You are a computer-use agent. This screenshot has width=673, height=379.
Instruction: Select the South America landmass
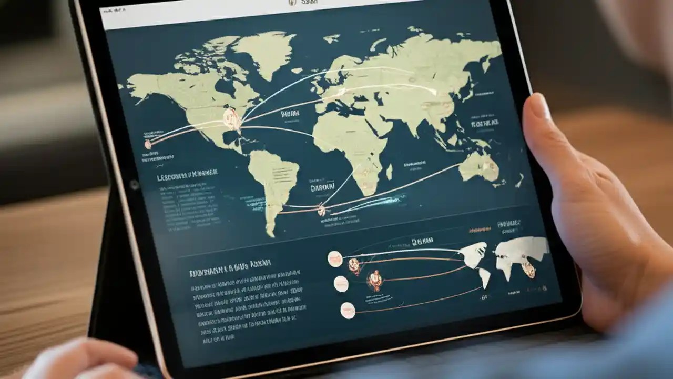point(273,179)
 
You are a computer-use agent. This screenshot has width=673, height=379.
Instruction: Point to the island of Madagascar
point(390,172)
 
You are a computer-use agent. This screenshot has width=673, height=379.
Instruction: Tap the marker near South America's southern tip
point(321,211)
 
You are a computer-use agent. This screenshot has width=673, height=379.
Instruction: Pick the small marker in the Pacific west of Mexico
point(148,144)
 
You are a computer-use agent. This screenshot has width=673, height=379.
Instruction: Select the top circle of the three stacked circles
point(335,258)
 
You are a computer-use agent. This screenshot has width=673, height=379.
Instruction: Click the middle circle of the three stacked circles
point(341,284)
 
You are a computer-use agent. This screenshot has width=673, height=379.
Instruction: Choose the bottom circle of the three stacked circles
point(348,309)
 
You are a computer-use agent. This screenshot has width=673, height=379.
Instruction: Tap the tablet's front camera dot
point(134,185)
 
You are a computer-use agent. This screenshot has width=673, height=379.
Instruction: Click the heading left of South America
point(187,176)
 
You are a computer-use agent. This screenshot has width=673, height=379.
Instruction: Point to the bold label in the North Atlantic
point(290,114)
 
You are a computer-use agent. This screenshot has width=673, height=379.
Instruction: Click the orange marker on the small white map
point(528,270)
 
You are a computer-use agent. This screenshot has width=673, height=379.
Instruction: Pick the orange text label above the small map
point(480,230)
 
